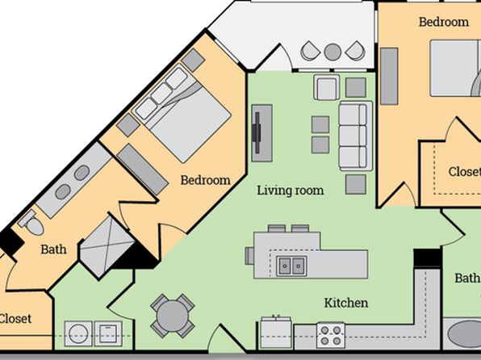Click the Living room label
tap(291, 190)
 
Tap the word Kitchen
tap(346, 303)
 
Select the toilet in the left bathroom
tap(31, 223)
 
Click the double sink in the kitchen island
tap(291, 266)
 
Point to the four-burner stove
tap(331, 335)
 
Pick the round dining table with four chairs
tap(172, 316)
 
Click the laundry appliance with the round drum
tap(78, 333)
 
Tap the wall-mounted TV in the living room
tap(257, 133)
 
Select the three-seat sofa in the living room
tap(356, 136)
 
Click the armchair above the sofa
tap(327, 87)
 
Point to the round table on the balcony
tap(333, 52)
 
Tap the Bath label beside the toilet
tap(54, 249)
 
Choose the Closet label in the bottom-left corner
tap(15, 319)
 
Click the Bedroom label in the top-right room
tap(444, 22)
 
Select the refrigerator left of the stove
tap(276, 333)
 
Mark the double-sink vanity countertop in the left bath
tap(73, 180)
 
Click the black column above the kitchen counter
tap(427, 258)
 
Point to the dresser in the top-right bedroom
tap(389, 76)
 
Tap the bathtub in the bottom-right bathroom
tap(463, 334)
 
